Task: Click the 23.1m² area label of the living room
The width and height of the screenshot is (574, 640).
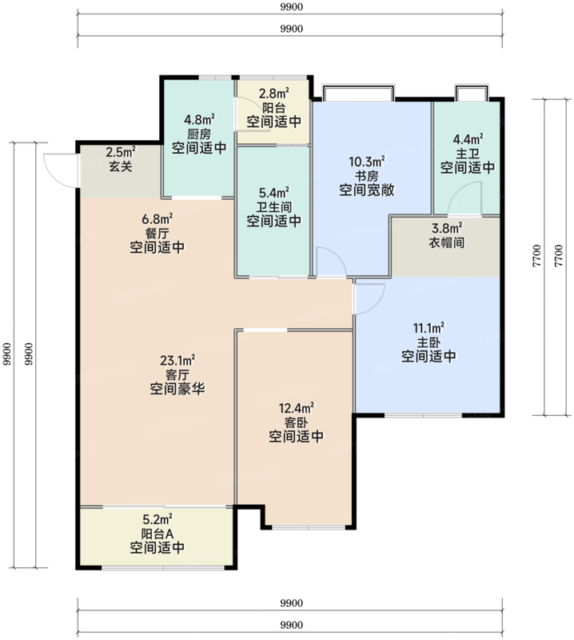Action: click(x=177, y=361)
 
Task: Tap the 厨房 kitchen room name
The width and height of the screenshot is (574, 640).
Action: click(x=199, y=134)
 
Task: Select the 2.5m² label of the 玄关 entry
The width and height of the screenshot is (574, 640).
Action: click(x=121, y=152)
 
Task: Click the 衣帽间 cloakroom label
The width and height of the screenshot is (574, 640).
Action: click(x=447, y=243)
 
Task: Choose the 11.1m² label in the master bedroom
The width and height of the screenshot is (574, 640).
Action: click(x=429, y=328)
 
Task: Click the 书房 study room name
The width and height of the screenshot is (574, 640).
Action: click(x=367, y=176)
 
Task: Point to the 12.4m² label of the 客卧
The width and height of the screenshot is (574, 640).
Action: click(x=296, y=408)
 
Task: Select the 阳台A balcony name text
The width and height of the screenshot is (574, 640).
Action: click(x=157, y=534)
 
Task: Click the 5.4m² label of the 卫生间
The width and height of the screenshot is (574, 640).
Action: click(x=274, y=192)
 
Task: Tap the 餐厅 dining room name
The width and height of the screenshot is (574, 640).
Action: click(x=157, y=234)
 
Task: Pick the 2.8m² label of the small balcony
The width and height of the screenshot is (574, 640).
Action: click(x=274, y=94)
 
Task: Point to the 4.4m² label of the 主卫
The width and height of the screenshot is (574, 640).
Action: click(x=468, y=139)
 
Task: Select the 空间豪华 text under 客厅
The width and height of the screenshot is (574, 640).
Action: click(x=177, y=389)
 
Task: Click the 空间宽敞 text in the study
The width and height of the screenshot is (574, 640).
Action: click(x=367, y=190)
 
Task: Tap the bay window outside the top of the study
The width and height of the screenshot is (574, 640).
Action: click(x=359, y=93)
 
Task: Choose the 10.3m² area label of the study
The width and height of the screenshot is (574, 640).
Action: click(x=367, y=162)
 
